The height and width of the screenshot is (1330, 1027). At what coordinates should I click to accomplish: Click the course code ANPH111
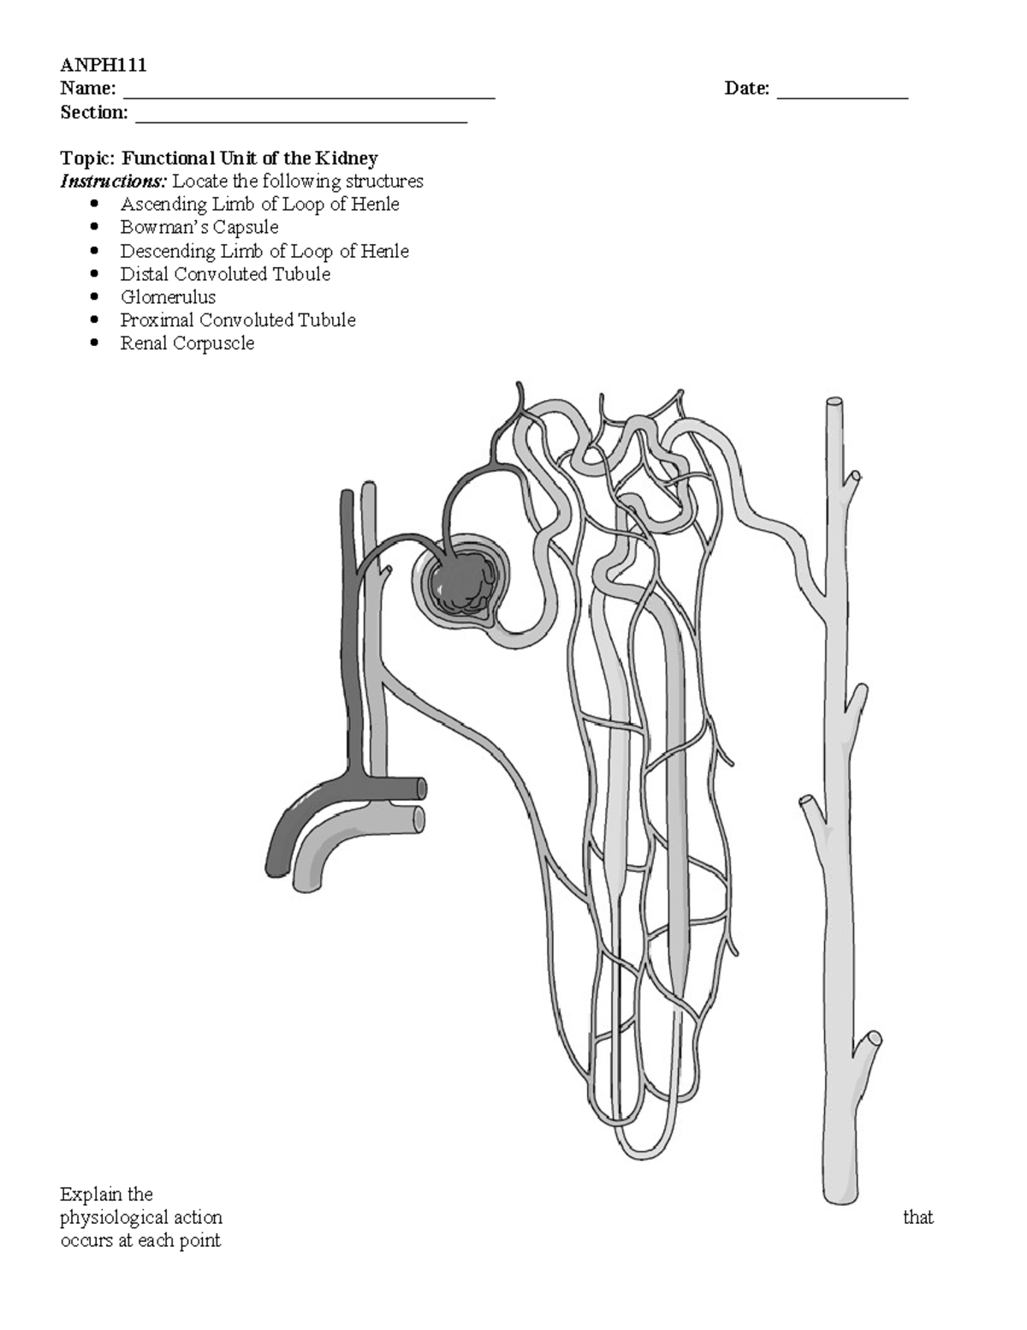(92, 65)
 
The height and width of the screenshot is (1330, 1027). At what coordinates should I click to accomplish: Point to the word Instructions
(113, 182)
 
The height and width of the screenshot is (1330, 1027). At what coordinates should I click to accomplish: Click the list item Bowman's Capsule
(199, 228)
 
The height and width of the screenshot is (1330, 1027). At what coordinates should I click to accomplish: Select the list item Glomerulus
(168, 297)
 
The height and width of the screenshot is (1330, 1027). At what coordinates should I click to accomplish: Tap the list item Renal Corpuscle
(187, 343)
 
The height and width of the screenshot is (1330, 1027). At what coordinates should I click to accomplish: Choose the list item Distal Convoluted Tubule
(225, 274)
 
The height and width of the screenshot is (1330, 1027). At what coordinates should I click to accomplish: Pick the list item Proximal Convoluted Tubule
(238, 320)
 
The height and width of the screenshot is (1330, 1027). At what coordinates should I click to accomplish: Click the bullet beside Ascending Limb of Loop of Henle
(94, 205)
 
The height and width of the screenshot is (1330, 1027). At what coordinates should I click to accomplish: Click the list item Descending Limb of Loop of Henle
(264, 251)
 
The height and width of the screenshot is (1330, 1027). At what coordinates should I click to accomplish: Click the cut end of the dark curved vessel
(421, 788)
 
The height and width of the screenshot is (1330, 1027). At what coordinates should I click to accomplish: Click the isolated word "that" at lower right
(917, 1217)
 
